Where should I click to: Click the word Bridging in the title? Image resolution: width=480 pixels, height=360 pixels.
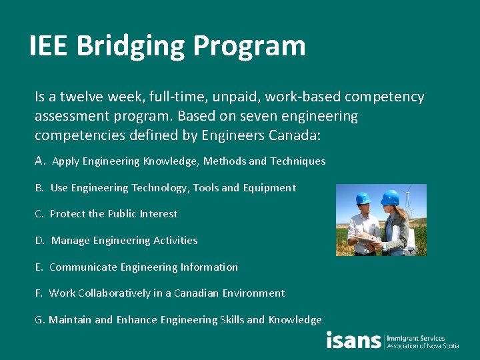pos(131,47)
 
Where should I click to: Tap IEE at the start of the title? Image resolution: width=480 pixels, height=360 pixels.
pos(49,46)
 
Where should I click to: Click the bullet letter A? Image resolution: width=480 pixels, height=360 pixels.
pos(39,161)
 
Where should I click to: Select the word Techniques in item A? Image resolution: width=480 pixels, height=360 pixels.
pos(297,161)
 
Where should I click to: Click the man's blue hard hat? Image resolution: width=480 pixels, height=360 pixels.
pos(363,199)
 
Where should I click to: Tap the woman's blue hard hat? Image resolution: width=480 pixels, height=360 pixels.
pos(391,197)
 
